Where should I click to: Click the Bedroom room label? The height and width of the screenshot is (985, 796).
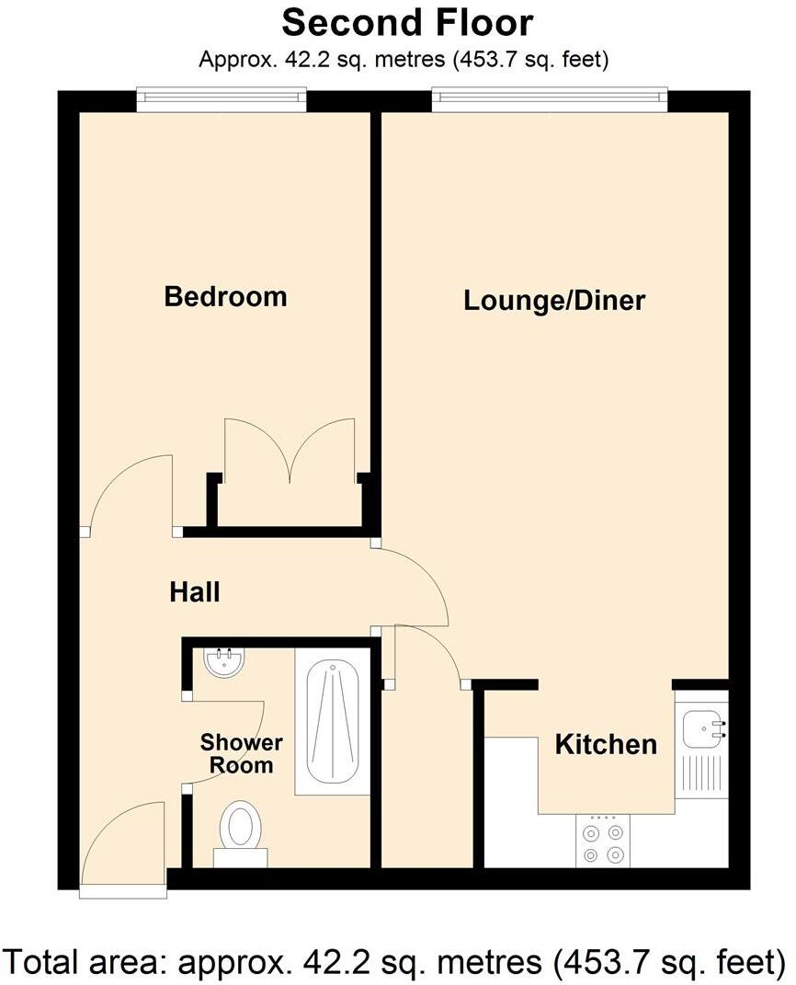(x=225, y=297)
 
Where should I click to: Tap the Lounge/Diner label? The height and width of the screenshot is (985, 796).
(x=554, y=301)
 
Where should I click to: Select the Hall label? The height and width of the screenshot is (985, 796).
(x=195, y=592)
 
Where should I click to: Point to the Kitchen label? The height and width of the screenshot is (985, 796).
(x=606, y=744)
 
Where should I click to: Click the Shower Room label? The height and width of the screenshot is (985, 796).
(x=241, y=753)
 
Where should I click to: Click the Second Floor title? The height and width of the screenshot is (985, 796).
(x=406, y=22)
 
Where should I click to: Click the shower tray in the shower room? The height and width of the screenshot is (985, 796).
(x=332, y=722)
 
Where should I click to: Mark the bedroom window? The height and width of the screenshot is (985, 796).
(x=222, y=98)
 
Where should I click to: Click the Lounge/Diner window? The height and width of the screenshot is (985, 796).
(x=550, y=98)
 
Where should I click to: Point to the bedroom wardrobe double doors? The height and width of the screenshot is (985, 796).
(x=290, y=451)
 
